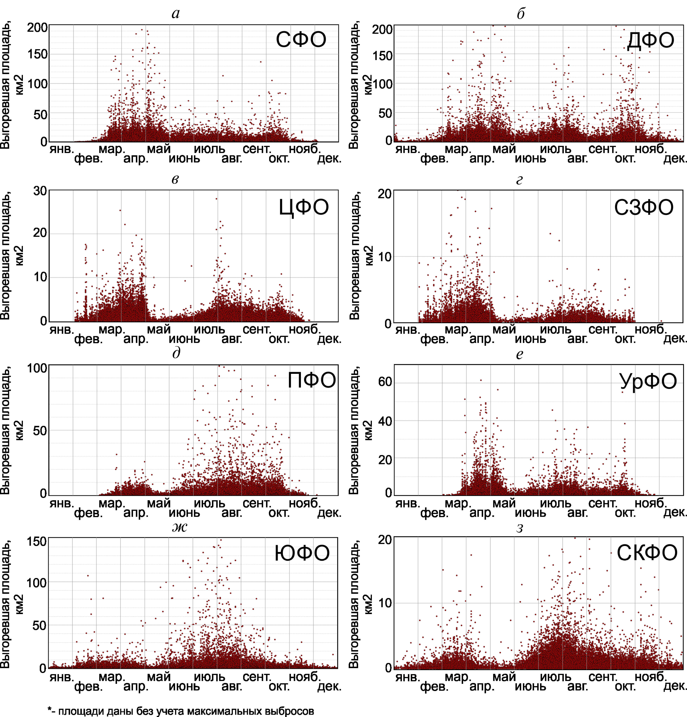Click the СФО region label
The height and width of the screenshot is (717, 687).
pyautogui.click(x=301, y=40)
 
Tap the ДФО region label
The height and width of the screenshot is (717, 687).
pyautogui.click(x=650, y=40)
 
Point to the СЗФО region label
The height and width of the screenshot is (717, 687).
pyautogui.click(x=643, y=207)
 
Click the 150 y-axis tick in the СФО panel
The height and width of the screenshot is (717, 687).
pyautogui.click(x=38, y=54)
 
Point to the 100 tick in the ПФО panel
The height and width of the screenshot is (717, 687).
pyautogui.click(x=37, y=368)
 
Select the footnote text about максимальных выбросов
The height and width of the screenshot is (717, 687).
pyautogui.click(x=181, y=711)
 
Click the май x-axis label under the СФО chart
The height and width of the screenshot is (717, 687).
pyautogui.click(x=159, y=149)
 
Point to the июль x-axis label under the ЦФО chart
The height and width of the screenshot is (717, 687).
pyautogui.click(x=209, y=330)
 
